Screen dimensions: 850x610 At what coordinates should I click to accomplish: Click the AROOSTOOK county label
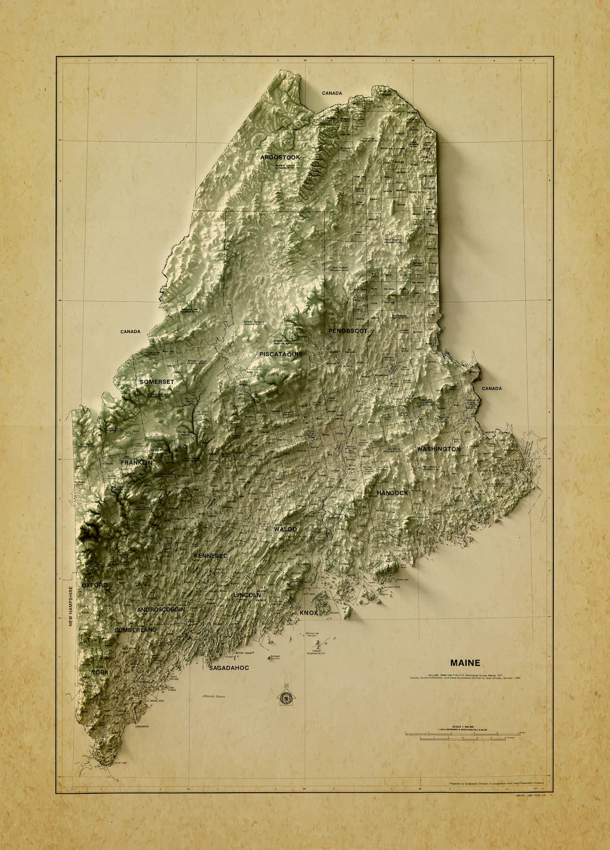coord(280,157)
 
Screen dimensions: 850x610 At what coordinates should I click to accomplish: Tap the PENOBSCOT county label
coord(348,331)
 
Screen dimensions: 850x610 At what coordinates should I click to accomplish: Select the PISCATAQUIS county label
coord(281,354)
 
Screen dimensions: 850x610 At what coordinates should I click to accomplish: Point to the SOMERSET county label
coord(157,382)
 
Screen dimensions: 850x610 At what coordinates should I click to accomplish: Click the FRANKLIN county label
coord(137,462)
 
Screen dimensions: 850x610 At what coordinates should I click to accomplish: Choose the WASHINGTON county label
coord(438,449)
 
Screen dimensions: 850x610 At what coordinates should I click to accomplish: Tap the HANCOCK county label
coord(392,492)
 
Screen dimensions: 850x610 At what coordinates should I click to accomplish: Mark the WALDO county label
coord(285,529)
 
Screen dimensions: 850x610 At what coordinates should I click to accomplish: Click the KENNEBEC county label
coord(210,556)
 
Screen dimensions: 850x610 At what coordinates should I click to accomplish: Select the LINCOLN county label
coord(247,595)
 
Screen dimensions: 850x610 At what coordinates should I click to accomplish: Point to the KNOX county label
coord(309,612)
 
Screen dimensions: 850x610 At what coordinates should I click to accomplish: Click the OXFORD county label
coord(95,586)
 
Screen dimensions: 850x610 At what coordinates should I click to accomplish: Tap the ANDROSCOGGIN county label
coord(161,610)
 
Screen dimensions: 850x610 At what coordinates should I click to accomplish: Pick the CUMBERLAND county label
coord(135,630)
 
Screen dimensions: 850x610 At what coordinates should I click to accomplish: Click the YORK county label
coord(100,672)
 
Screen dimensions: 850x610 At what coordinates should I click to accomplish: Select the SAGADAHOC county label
coord(229,669)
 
